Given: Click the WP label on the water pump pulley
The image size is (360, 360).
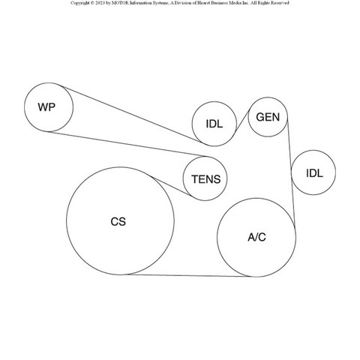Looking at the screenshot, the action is point(46,107).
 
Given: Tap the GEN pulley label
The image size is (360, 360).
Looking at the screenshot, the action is point(268,117).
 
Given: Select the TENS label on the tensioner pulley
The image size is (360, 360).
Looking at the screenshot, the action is point(206,179).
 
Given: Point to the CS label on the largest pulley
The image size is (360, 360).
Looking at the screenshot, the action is point(118,222).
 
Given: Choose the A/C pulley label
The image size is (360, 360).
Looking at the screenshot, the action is point(256,237).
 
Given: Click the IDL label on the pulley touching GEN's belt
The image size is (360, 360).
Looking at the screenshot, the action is point(214,124).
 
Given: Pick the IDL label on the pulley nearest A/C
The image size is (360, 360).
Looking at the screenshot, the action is point(314,173).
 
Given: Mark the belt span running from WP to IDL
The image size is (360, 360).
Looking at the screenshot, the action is point(131,115).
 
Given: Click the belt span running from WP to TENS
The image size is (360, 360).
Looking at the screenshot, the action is point(127,144).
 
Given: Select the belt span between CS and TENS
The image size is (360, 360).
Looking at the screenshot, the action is point(170,186).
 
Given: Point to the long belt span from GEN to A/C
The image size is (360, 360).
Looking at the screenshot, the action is point(291,174).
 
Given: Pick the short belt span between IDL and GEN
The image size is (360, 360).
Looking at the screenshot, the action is point(242,121).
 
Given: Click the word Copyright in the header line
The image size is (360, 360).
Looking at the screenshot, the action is point(79,3).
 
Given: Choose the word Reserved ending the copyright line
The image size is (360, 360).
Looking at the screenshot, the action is point(280,3).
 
